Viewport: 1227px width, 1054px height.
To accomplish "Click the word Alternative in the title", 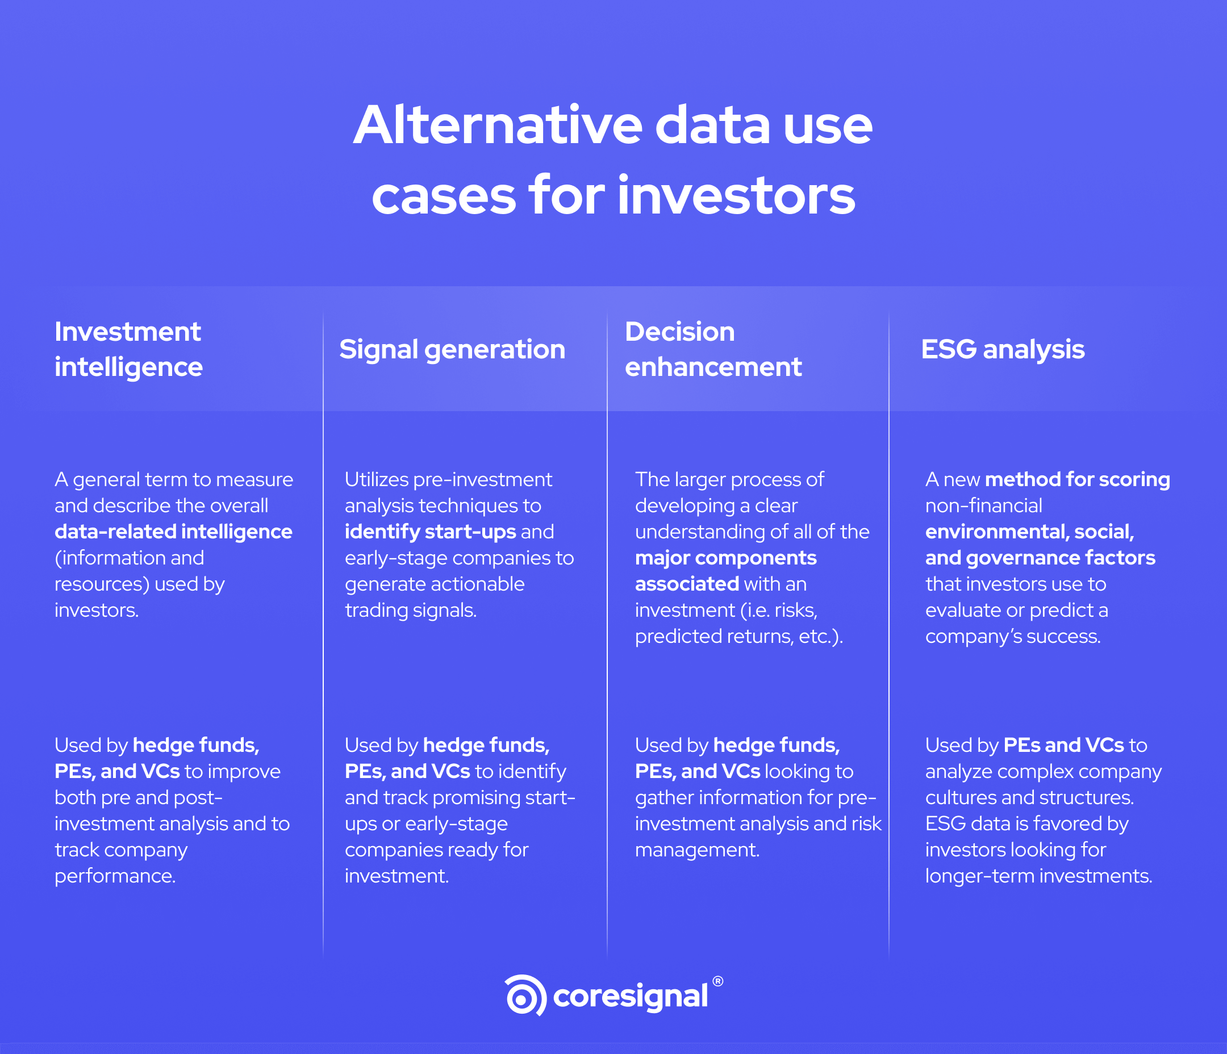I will click(498, 126).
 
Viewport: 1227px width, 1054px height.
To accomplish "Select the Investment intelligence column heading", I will click(128, 349).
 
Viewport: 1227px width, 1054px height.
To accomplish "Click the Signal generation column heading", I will click(452, 349).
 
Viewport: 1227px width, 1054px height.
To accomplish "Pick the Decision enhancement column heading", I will click(713, 349).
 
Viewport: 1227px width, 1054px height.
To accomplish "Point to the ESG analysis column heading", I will click(1003, 349).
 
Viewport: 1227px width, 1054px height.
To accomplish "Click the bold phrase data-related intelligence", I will click(173, 532).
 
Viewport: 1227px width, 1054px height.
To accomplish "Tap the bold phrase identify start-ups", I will click(431, 532).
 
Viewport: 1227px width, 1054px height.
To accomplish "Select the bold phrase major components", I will click(725, 558).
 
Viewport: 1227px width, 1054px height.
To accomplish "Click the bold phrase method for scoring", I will click(1077, 479).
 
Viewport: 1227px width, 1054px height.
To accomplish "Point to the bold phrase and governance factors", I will click(1040, 558).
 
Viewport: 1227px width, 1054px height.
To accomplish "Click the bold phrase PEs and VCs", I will click(1063, 745).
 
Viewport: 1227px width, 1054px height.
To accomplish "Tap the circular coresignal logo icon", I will click(525, 996).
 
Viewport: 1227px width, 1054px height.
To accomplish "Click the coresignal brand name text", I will click(630, 997).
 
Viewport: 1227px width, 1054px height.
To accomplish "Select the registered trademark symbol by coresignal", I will click(717, 981).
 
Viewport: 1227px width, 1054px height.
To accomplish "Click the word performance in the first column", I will click(114, 876).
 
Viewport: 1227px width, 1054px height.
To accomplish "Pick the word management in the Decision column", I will click(696, 850).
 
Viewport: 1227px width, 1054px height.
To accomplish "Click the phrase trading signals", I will click(410, 610).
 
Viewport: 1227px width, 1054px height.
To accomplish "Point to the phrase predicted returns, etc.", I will click(738, 636).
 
